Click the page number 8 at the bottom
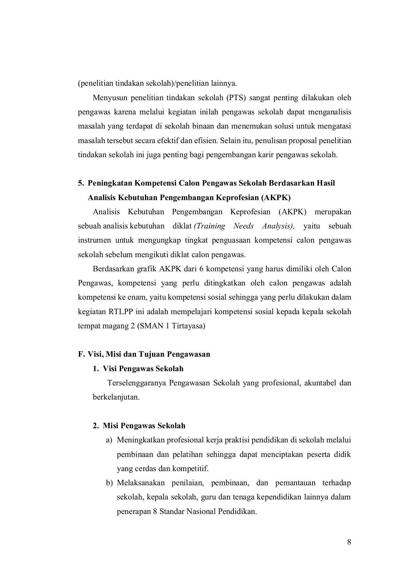(349, 542)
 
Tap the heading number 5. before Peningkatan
(81, 183)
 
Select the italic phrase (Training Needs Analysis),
(244, 226)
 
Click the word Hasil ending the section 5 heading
(326, 183)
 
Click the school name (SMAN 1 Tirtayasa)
(171, 326)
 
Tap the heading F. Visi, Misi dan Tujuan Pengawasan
(144, 354)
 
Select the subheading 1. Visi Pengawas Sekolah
(138, 369)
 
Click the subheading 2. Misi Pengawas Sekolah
(139, 426)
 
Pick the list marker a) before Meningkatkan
(109, 440)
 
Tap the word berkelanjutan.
(116, 397)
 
